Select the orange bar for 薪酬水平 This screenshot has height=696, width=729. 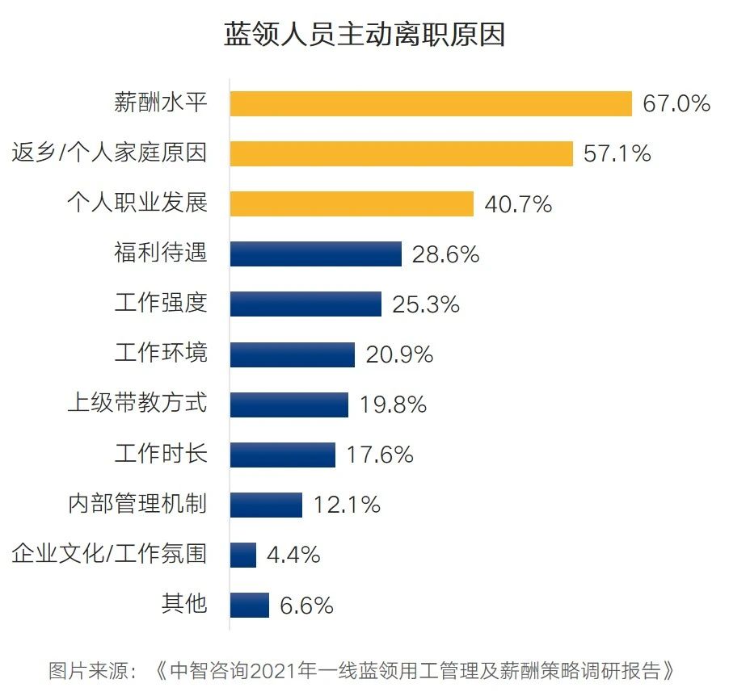click(x=431, y=103)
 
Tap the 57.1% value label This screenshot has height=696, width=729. click(x=617, y=153)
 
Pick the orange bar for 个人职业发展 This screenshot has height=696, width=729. click(x=352, y=203)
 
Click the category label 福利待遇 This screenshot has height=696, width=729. click(x=161, y=254)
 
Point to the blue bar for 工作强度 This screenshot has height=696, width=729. click(x=306, y=304)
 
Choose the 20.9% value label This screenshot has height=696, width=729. click(x=399, y=354)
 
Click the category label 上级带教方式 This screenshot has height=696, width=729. click(x=137, y=403)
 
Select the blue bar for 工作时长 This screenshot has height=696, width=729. click(x=282, y=454)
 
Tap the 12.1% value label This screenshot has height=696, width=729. click(x=347, y=505)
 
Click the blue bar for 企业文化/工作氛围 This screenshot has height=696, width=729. click(x=243, y=555)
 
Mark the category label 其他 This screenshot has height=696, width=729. click(x=184, y=604)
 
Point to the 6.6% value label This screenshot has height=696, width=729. click(x=306, y=606)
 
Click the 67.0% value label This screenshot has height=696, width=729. click(x=676, y=103)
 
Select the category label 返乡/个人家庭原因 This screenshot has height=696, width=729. click(x=109, y=153)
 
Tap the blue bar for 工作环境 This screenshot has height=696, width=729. click(x=292, y=354)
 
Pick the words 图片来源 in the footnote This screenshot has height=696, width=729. click(x=87, y=670)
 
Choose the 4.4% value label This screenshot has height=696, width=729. click(x=293, y=555)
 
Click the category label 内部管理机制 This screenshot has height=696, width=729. click(x=137, y=505)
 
